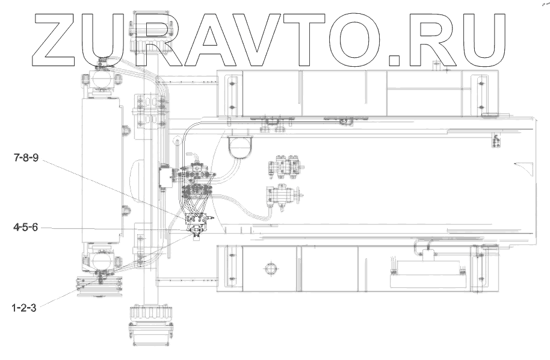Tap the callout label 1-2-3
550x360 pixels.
pyautogui.click(x=25, y=308)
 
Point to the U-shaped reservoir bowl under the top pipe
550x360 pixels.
pyautogui.click(x=239, y=147)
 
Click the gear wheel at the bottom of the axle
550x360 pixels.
pyautogui.click(x=147, y=315)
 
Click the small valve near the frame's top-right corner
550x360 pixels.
pyautogui.click(x=496, y=142)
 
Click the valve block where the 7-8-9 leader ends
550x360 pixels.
pyautogui.click(x=197, y=221)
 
